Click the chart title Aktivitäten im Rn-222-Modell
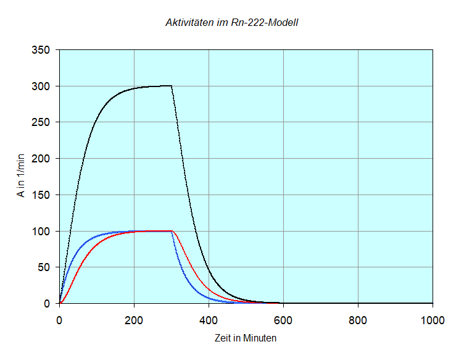coord(232,23)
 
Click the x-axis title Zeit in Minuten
coord(246,338)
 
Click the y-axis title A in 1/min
coord(22,177)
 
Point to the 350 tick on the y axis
coord(41,50)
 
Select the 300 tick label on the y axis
coord(41,86)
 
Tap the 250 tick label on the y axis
coord(41,122)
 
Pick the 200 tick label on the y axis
coord(41,159)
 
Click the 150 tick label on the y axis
coord(41,195)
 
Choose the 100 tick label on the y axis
coord(41,232)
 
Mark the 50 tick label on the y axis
coord(44,267)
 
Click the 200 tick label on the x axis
coord(134,320)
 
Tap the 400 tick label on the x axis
coord(209,320)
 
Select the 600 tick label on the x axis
coord(283,320)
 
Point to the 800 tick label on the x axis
coord(358,320)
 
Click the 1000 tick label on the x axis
coord(432,320)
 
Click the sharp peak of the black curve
coord(171,86)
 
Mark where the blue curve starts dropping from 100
coord(172,232)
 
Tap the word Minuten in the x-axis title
coord(260,338)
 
